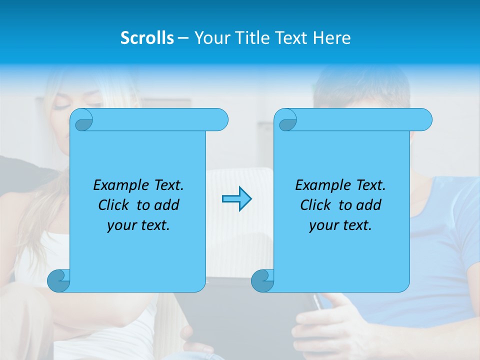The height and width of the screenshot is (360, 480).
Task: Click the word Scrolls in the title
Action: [147, 38]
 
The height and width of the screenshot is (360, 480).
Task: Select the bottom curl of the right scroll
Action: [262, 281]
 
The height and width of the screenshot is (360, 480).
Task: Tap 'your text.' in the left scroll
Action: [138, 225]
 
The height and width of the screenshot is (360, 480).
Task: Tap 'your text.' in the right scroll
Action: [340, 225]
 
